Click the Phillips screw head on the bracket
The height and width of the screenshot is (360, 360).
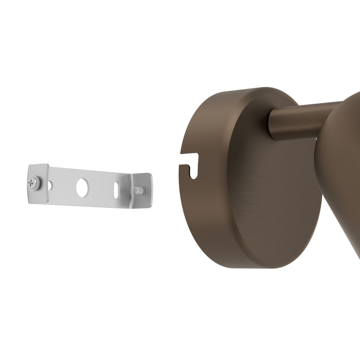[x=32, y=182]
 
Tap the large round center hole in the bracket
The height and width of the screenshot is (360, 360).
[x=82, y=187]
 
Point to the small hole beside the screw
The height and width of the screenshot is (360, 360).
[x=50, y=185]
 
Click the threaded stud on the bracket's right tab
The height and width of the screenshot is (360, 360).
[x=139, y=190]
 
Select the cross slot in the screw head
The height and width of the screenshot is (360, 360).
[x=31, y=182]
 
